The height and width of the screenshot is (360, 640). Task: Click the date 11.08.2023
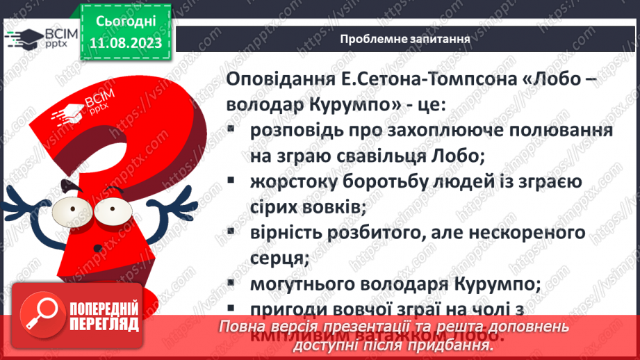point(125,43)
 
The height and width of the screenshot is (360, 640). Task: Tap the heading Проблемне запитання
point(406,39)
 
